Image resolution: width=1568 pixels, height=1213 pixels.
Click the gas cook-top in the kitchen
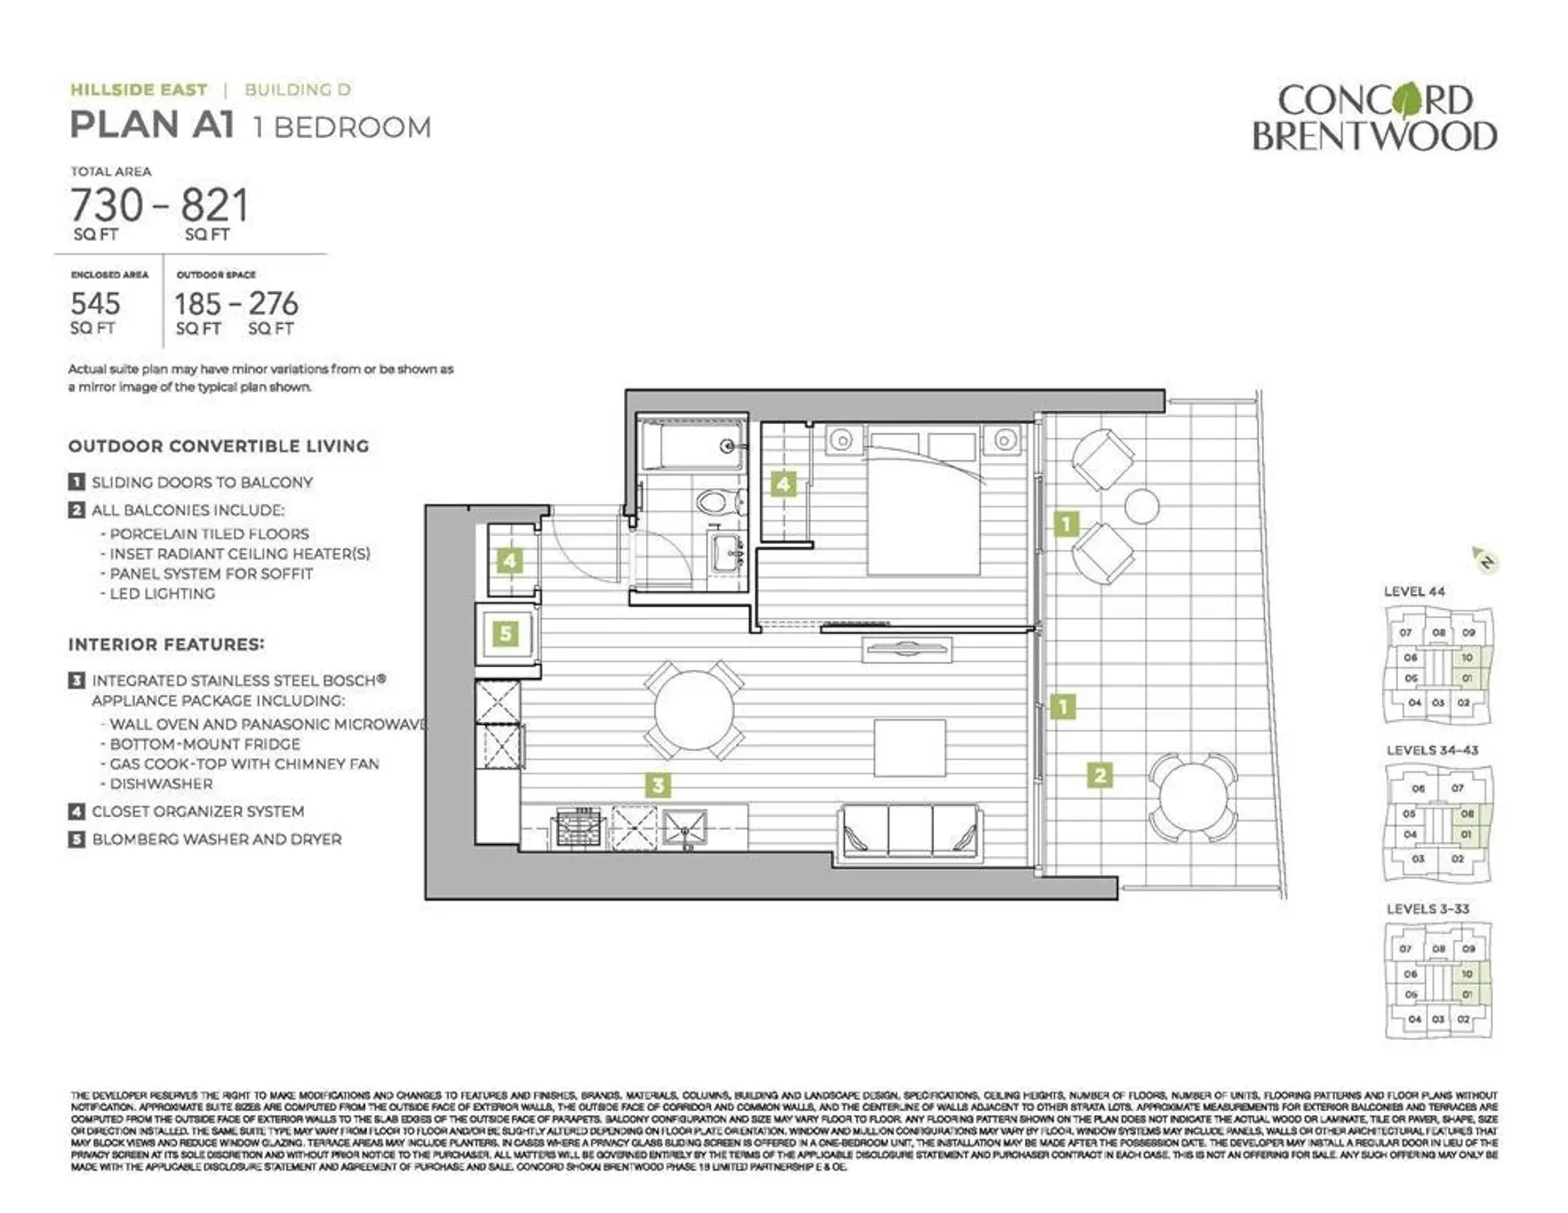[578, 827]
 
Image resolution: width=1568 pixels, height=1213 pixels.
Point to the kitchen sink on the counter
[684, 827]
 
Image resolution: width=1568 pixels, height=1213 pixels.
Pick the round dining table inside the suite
[693, 710]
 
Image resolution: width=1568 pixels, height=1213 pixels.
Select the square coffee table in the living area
[910, 747]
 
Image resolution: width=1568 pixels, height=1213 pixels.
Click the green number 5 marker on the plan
[506, 633]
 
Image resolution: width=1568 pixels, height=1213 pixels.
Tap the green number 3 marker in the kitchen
[658, 785]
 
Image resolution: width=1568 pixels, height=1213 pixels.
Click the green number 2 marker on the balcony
[1100, 774]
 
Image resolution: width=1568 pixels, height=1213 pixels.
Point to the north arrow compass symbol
[1486, 560]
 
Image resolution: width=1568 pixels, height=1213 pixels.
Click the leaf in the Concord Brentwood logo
[1407, 101]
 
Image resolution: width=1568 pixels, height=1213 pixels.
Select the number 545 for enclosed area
[96, 304]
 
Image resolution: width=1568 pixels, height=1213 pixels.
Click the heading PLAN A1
[153, 126]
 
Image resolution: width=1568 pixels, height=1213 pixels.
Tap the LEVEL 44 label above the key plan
[1414, 591]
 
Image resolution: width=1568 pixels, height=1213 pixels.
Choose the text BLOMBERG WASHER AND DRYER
[216, 839]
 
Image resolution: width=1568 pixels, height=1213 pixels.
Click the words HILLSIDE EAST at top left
[139, 90]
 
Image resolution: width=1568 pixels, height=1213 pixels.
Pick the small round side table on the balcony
[1141, 506]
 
